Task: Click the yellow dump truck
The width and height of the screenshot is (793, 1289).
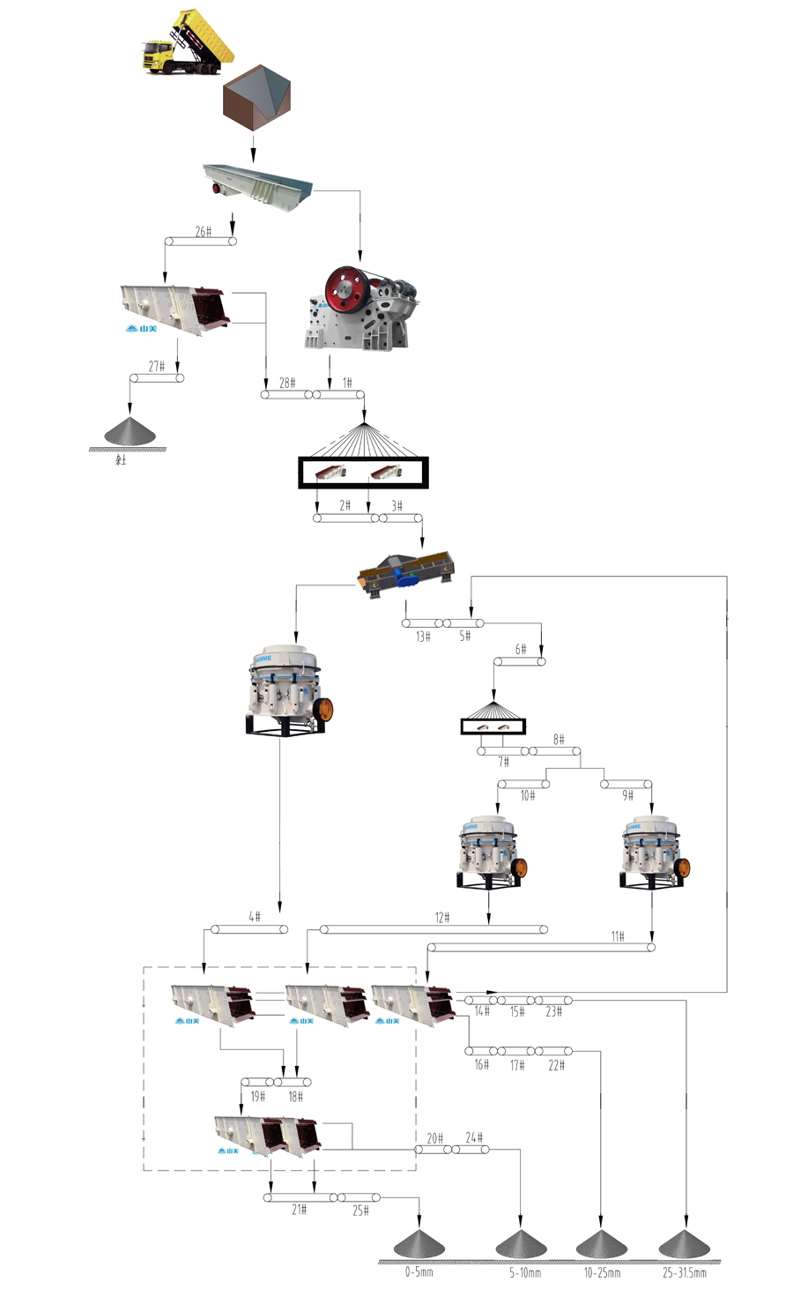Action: tap(187, 44)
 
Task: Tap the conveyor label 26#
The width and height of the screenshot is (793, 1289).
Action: tap(204, 231)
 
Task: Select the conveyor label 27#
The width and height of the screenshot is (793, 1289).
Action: tap(157, 366)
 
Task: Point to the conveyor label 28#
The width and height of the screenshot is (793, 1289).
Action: tap(287, 383)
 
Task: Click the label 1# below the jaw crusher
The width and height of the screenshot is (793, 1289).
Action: tap(347, 383)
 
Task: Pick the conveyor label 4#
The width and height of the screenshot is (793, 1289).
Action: tap(254, 917)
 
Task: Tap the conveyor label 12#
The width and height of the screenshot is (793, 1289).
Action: tap(442, 918)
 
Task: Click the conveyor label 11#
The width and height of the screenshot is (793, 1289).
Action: tap(618, 936)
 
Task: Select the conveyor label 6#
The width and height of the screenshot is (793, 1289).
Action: tap(521, 649)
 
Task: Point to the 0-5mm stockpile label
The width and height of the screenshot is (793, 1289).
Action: tap(419, 1272)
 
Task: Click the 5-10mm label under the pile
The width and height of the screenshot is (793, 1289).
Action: tap(525, 1272)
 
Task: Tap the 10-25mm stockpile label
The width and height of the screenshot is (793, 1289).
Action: tap(602, 1272)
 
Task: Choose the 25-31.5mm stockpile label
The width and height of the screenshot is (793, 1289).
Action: tap(685, 1272)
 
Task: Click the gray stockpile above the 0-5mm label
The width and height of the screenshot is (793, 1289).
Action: tap(419, 1243)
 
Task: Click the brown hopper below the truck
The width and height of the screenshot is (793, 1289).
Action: tap(256, 99)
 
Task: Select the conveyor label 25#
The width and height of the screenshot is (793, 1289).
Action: tap(361, 1211)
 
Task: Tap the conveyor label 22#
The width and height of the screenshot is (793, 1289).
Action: tap(557, 1065)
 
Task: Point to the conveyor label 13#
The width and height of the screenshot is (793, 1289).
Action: tap(423, 636)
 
